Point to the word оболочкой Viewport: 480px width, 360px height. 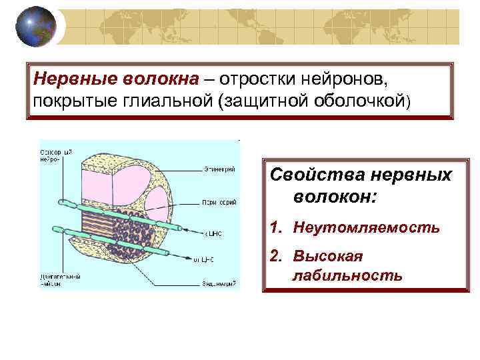361,100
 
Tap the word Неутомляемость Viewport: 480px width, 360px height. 366,227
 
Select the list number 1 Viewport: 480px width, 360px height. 275,227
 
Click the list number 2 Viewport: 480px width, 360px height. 275,257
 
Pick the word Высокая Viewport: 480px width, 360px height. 326,257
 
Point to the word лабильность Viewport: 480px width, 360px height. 347,275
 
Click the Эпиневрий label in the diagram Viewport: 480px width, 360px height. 217,169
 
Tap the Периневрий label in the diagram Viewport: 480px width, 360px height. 217,201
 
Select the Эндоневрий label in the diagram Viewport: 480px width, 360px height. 218,283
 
